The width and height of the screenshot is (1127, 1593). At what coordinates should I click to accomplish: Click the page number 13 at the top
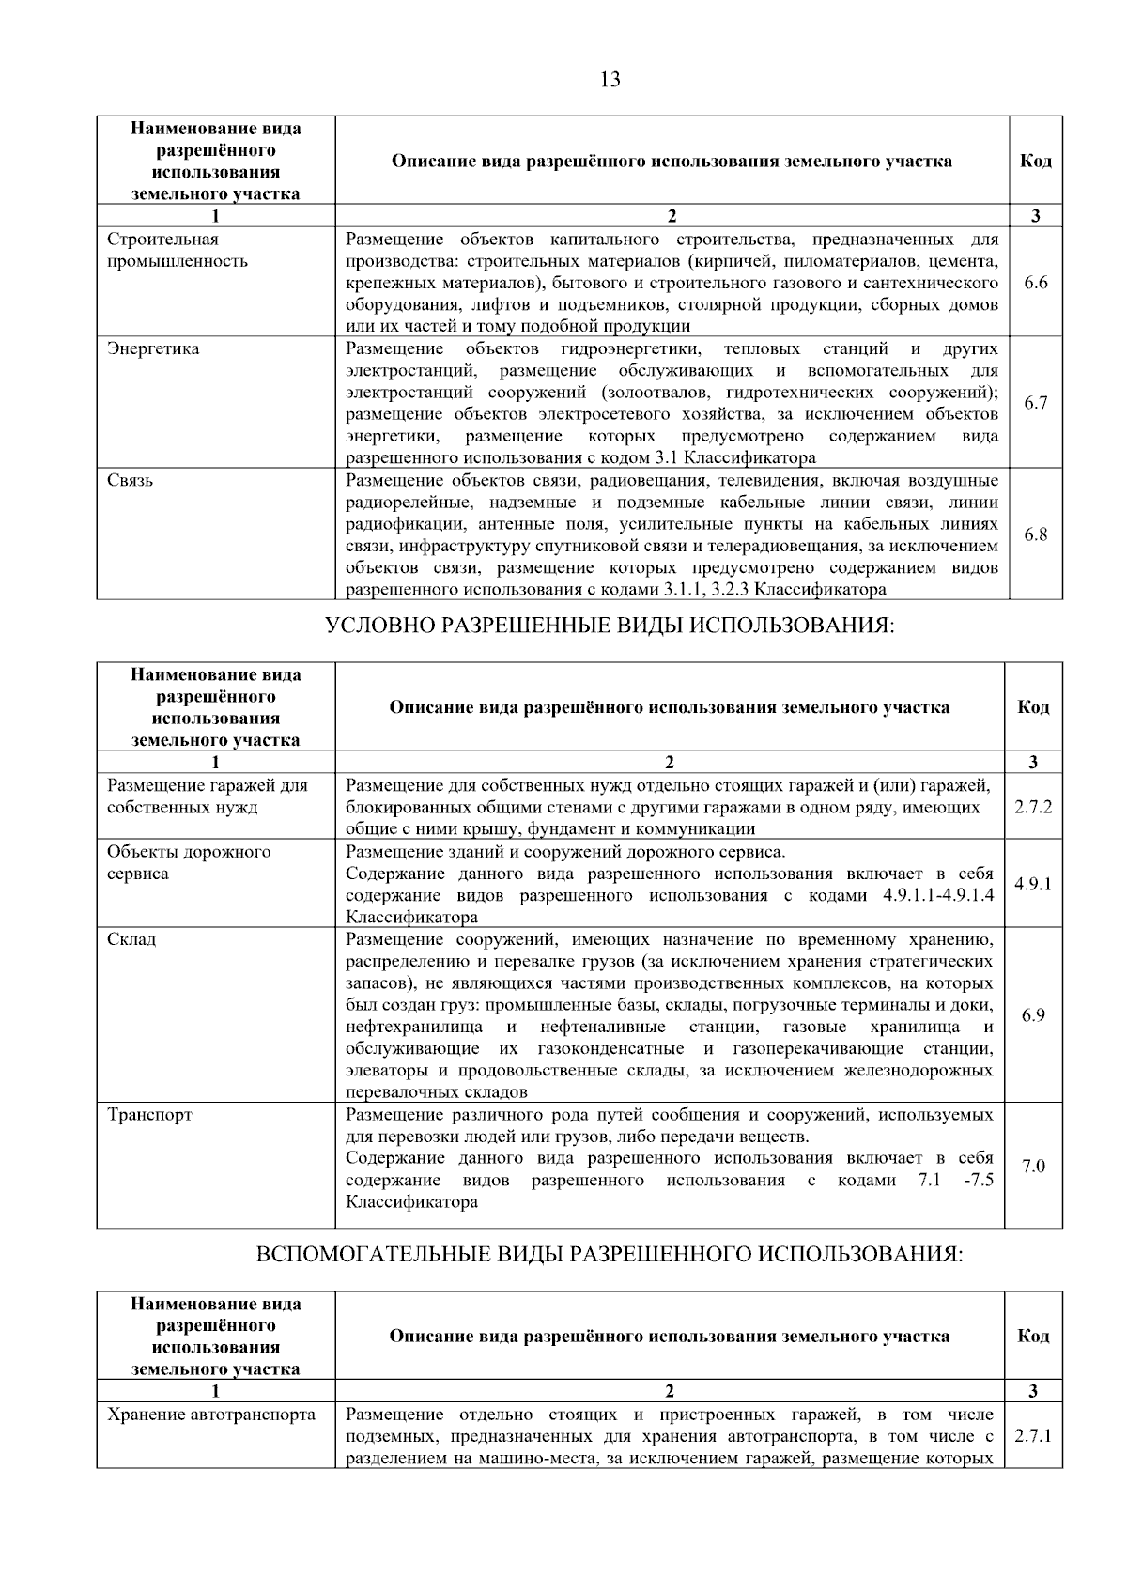(610, 79)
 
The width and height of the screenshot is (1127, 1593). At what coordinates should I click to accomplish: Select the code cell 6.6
(1035, 282)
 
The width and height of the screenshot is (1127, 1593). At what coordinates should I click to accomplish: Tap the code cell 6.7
(1035, 403)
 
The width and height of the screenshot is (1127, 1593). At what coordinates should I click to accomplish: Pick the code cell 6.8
(1035, 534)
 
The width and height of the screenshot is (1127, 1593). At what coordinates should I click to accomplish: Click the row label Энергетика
(153, 348)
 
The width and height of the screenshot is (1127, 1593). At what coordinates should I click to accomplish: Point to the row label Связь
(131, 480)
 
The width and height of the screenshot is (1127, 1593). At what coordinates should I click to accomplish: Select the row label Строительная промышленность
(178, 250)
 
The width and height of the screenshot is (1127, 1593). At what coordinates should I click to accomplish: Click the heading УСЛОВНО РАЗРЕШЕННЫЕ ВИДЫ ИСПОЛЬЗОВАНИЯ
(610, 626)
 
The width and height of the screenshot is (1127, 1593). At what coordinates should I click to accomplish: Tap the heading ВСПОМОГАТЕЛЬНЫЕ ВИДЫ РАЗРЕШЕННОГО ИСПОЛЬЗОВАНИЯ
(610, 1255)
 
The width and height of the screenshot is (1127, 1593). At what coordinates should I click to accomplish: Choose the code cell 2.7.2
(1033, 807)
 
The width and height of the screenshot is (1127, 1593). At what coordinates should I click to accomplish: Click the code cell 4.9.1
(1033, 884)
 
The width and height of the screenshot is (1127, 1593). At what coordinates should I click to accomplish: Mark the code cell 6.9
(1033, 1015)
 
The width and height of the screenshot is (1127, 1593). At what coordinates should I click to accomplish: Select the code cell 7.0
(1033, 1166)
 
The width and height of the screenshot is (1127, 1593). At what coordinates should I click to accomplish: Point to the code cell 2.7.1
(1033, 1436)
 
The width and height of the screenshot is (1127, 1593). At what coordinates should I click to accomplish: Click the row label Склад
(131, 939)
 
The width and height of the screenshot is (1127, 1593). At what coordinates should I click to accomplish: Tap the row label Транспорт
(149, 1115)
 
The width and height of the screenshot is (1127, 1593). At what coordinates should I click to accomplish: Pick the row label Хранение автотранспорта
(211, 1415)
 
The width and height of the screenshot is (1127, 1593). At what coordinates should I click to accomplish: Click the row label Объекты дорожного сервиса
(188, 862)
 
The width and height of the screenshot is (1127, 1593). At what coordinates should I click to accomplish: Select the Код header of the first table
(1035, 161)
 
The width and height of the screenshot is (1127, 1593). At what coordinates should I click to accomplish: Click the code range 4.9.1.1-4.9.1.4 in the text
(937, 895)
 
